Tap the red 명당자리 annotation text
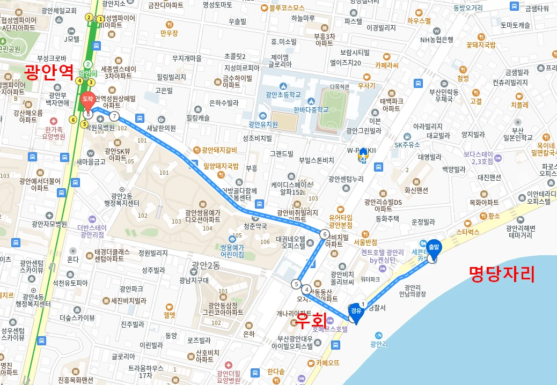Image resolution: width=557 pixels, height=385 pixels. click(x=502, y=274)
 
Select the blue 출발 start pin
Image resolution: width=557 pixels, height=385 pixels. click(x=433, y=248)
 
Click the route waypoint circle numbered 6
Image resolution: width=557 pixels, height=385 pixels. click(x=325, y=234)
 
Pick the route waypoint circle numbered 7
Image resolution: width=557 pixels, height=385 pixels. click(x=114, y=116)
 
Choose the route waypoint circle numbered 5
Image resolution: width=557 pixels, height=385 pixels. click(x=296, y=284)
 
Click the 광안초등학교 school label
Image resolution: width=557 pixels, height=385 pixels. click(x=283, y=95)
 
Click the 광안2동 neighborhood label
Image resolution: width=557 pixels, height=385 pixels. click(x=206, y=265)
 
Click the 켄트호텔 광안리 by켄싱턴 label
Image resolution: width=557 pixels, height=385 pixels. click(x=382, y=256)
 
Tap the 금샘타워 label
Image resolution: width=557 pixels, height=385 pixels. click(x=537, y=8)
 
